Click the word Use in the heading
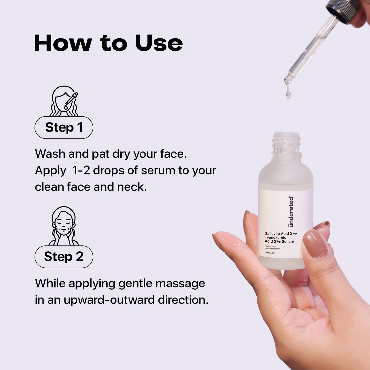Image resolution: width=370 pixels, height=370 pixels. pos(158,43)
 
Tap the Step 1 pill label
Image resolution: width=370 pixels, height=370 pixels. pos(64,127)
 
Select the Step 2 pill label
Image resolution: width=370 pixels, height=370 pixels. pos(64,257)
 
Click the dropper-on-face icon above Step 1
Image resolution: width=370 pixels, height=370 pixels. pos(64,101)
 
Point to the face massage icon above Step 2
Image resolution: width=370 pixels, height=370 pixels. pos(64,226)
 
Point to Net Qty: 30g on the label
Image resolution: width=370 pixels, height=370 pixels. pos(270,253)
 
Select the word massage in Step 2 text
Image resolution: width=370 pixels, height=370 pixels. pos(180,284)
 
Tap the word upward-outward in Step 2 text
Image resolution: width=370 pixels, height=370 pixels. pos(109,300)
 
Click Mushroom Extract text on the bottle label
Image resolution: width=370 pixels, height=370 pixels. pos(272,249)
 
